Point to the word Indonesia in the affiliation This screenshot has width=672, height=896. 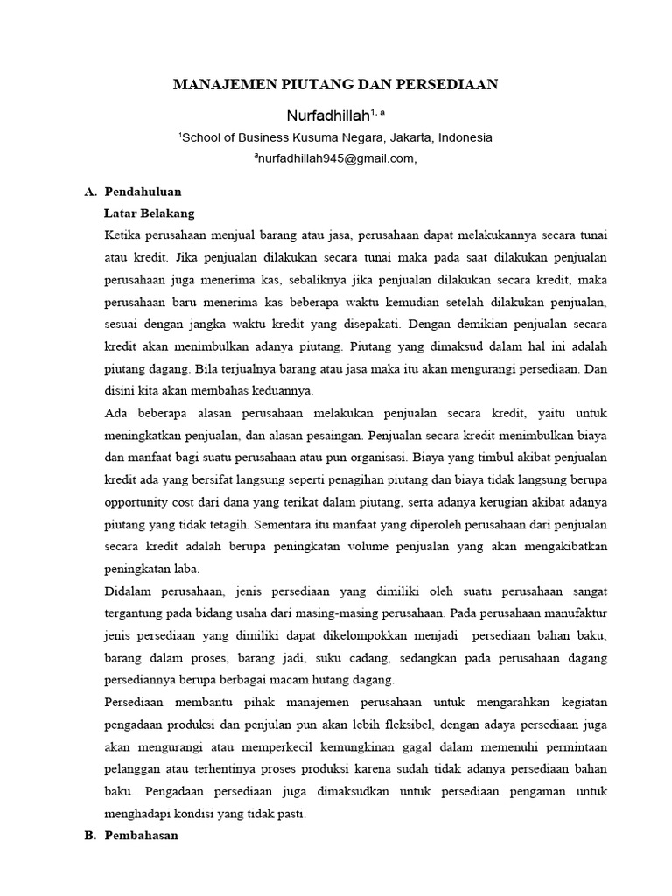coord(465,137)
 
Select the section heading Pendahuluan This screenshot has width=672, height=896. coord(143,192)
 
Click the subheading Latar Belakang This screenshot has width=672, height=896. coord(149,213)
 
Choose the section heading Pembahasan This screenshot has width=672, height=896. coord(141,836)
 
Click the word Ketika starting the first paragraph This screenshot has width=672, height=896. coord(122,236)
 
